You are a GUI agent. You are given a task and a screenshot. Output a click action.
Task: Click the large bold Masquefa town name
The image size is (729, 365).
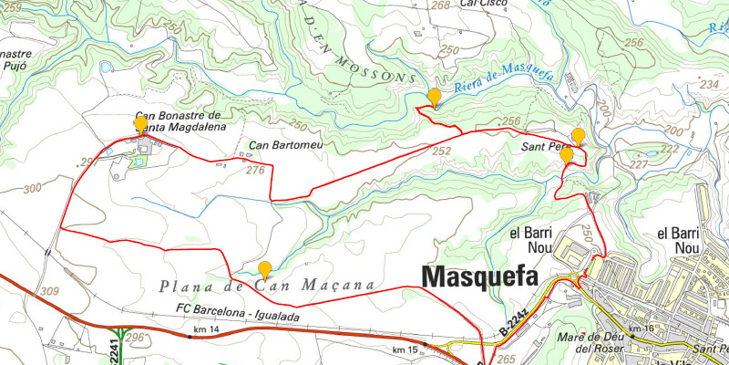click(x=477, y=277)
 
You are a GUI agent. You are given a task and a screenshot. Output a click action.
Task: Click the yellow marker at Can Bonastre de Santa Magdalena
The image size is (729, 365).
click(x=140, y=124)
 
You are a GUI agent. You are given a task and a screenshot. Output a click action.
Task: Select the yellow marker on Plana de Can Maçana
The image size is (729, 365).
click(x=264, y=269)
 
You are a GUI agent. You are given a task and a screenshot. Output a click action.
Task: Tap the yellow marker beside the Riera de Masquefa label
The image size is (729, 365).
click(x=434, y=98)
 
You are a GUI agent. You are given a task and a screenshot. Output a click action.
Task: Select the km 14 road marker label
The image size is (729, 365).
click(x=208, y=328)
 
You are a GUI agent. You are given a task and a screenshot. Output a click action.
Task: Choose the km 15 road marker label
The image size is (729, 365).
click(x=405, y=350)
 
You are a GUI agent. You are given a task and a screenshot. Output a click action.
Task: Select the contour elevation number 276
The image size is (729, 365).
click(x=255, y=170)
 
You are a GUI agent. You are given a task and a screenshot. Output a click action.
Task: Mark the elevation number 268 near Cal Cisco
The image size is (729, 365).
click(x=441, y=5)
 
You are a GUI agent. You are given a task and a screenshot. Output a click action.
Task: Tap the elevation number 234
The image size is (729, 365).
click(x=711, y=84)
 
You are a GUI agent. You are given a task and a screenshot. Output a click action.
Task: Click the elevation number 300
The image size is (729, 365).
click(x=33, y=188)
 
